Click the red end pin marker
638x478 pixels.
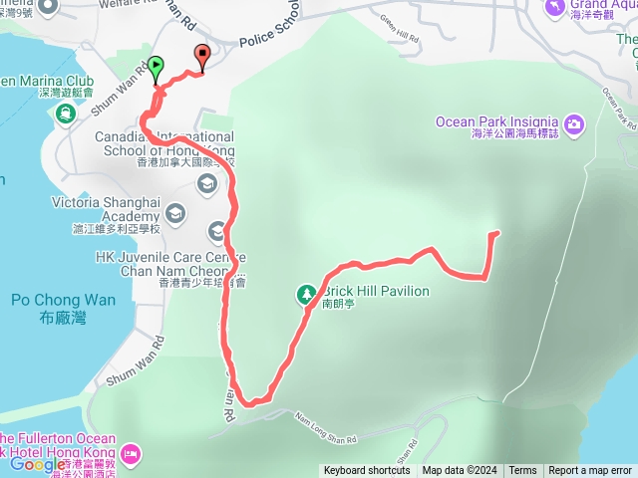point(203,57)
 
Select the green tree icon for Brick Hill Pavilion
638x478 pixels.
point(306,294)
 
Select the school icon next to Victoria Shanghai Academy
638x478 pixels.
point(175,212)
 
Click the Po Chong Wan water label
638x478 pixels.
point(63,300)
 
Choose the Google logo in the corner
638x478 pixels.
point(38,463)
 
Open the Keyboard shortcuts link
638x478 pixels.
point(366,471)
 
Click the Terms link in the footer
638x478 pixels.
point(522,471)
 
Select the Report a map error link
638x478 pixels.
point(590,471)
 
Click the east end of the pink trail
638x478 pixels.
point(495,233)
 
